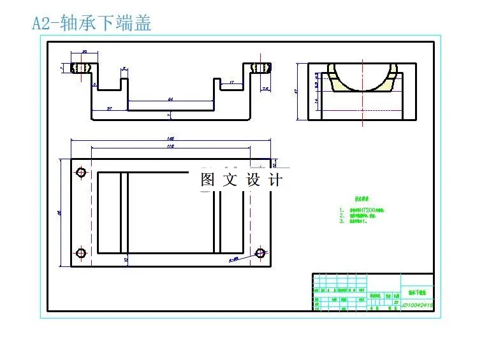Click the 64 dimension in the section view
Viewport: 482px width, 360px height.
170,99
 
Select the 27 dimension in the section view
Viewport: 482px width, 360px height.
110,108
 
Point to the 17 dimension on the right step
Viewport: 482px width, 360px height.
231,82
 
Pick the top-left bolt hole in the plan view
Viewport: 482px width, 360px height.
81,173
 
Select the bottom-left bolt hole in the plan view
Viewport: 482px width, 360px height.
81,254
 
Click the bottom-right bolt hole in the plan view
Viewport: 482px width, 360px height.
260,253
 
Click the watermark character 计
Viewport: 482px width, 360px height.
275,180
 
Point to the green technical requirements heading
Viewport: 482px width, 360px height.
364,198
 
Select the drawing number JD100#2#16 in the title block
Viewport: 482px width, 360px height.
418,306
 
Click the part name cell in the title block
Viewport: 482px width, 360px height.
417,291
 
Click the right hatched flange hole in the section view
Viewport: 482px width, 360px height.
259,67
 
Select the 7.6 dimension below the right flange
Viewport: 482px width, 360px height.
266,89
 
